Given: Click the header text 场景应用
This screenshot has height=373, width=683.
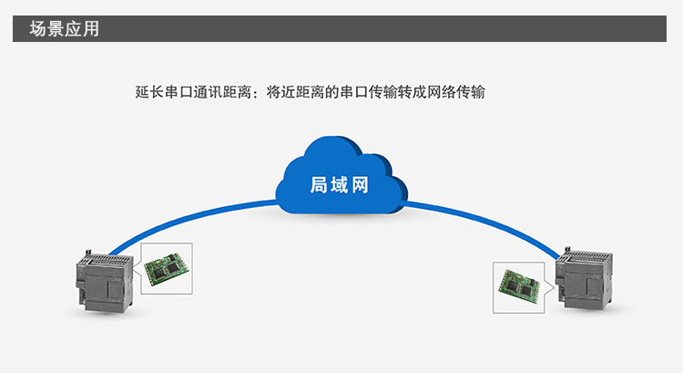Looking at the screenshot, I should pyautogui.click(x=64, y=28).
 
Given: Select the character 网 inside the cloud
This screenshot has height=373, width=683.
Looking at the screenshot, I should pyautogui.click(x=360, y=185).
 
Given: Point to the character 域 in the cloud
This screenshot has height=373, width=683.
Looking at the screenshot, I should pyautogui.click(x=339, y=185).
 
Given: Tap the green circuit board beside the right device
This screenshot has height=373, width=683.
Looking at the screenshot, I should pyautogui.click(x=518, y=282).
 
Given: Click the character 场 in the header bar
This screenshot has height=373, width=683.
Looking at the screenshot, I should pyautogui.click(x=37, y=28).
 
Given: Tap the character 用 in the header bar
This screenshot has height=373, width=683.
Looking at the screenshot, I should pyautogui.click(x=90, y=28).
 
